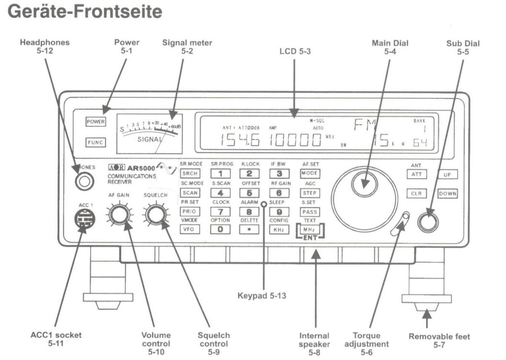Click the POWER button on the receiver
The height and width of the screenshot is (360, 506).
[95, 122]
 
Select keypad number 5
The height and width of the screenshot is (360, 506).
[249, 193]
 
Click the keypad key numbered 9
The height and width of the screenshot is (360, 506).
[279, 211]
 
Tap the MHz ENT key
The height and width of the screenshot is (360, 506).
[310, 230]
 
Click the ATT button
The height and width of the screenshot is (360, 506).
[417, 175]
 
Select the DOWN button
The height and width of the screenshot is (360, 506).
[447, 194]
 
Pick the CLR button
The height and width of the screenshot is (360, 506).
[417, 194]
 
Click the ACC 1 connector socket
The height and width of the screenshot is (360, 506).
[84, 221]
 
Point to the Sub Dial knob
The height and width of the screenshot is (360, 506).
[428, 222]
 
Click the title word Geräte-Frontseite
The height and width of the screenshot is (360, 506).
[85, 11]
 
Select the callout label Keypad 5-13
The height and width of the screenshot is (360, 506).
[262, 296]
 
